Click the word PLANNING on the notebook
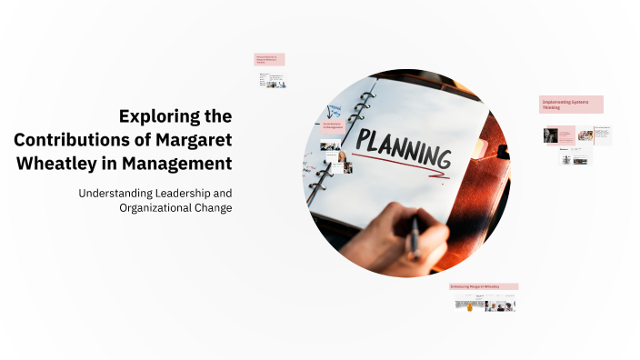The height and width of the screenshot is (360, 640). pos(402,148)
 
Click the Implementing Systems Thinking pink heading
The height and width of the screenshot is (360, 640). pos(571,105)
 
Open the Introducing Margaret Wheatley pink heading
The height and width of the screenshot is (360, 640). pos(484,286)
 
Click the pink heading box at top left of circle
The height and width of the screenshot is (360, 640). pos(269,59)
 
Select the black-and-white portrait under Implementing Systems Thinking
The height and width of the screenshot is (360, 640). pos(550,135)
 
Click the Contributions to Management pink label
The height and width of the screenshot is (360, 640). pos(334,126)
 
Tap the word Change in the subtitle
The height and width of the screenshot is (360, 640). pos(212,207)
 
